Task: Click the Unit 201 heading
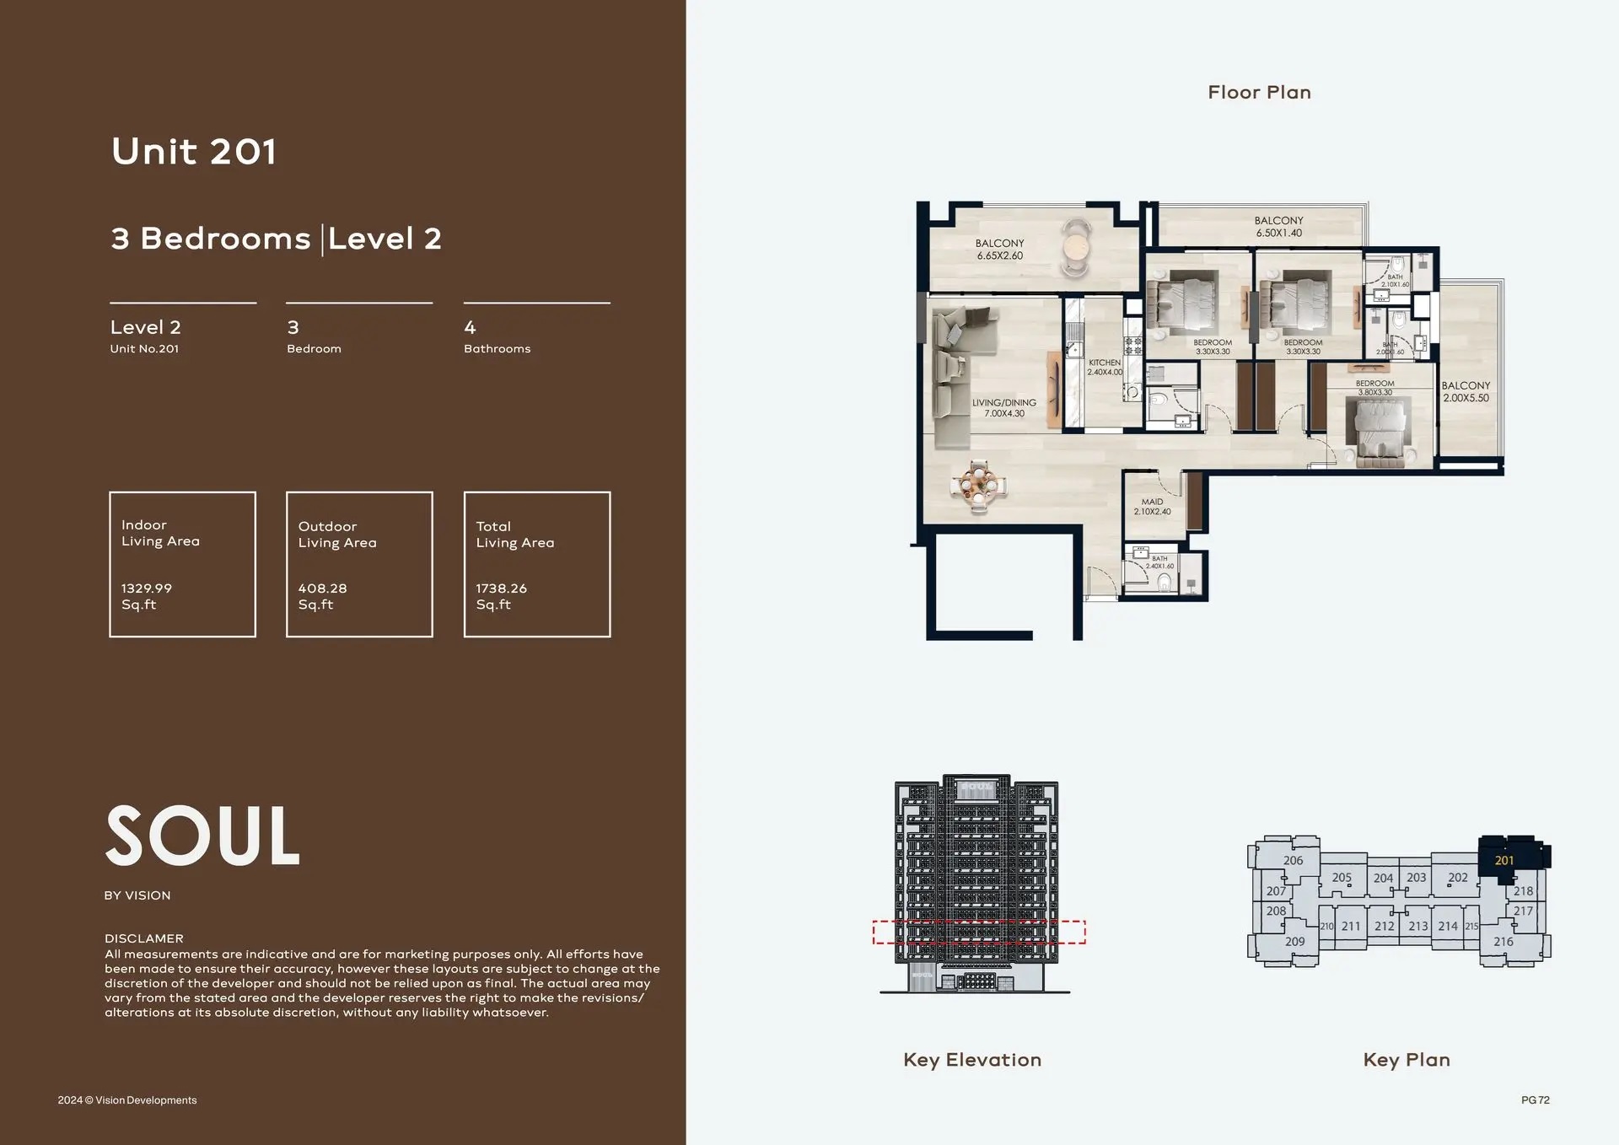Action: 194,152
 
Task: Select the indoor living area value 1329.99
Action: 146,589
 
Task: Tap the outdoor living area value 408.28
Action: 322,589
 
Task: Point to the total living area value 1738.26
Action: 501,589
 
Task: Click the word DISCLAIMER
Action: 143,938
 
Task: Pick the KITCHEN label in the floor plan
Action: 1104,363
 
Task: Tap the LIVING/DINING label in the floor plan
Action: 1003,403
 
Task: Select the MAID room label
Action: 1152,502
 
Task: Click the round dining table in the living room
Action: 978,486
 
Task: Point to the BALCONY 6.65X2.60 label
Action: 999,249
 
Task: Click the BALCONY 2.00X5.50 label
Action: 1466,391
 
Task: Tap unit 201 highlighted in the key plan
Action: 1504,860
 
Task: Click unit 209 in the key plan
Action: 1294,942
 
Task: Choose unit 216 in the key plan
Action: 1503,942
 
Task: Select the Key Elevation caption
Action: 972,1060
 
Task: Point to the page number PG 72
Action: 1535,1100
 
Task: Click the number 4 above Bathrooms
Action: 470,327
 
